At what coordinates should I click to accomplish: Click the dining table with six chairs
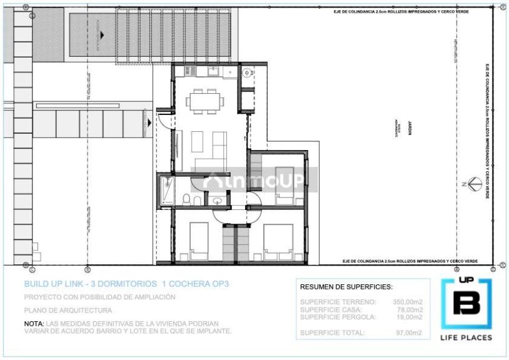pos(204,100)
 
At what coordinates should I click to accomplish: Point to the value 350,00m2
pos(407,302)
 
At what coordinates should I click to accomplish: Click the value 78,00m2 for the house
pos(410,309)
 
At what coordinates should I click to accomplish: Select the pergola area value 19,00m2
pos(410,317)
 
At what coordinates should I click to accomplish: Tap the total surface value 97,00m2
pos(410,332)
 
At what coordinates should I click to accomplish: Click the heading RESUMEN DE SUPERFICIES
pos(346,287)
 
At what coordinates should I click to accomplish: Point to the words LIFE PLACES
pos(466,337)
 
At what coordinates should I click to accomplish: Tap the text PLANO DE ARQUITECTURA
pos(68,310)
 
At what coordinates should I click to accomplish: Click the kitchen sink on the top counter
pos(213,72)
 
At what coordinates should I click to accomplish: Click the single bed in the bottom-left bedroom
pos(199,241)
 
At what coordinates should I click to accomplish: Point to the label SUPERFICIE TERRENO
pos(338,302)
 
